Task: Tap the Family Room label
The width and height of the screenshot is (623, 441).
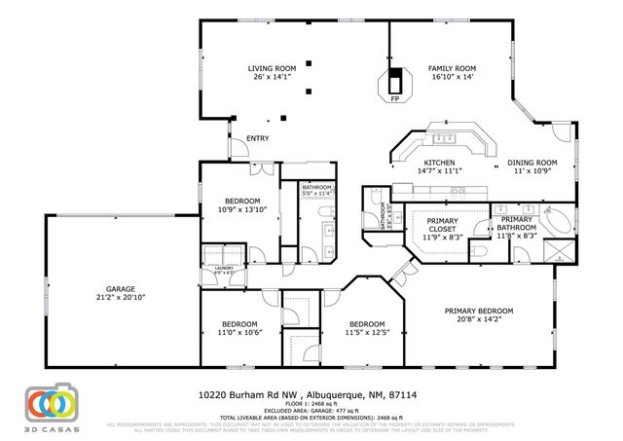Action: [451, 66]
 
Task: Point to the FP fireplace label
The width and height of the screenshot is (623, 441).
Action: [395, 99]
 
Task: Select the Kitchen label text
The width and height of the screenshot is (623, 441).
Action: [440, 162]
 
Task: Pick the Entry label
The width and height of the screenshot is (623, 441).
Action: [257, 138]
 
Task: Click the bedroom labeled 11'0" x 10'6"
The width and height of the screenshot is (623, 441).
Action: [238, 328]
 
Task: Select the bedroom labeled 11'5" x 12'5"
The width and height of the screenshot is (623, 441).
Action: [366, 328]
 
